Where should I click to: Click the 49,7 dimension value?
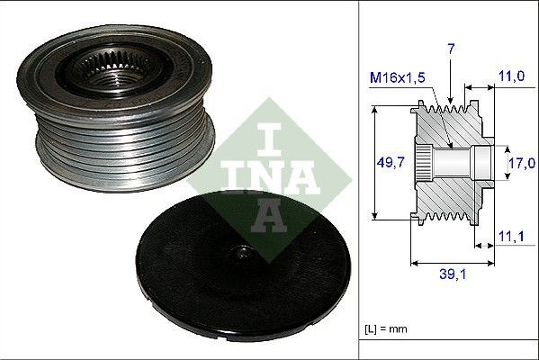pyautogui.click(x=389, y=163)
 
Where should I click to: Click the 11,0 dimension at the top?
pyautogui.click(x=511, y=78)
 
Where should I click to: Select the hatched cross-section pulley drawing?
pyautogui.click(x=450, y=162)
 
